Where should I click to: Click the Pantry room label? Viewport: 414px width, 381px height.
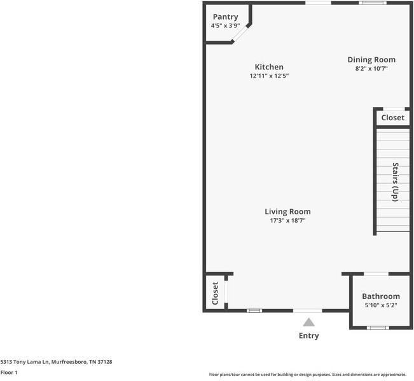pos(226,17)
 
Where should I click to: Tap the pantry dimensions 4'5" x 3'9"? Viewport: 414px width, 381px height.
pos(226,25)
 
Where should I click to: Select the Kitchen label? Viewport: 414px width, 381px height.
pos(269,67)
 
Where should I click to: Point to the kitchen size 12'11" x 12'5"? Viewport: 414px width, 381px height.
pos(269,76)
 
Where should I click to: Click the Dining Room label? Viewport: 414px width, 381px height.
pos(371,60)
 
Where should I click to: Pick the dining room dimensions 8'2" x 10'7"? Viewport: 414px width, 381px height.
pos(371,69)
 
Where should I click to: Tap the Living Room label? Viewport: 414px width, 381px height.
pos(287,212)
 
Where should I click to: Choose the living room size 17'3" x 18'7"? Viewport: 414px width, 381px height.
pos(287,220)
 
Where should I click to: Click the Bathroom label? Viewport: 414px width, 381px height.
pos(381,296)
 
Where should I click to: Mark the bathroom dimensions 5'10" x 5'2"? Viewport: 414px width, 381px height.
pos(381,305)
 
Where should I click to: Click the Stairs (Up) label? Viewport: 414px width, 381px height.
pos(396,182)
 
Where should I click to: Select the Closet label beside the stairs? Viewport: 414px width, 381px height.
pos(392,118)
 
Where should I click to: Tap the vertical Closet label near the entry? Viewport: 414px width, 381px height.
pos(215,293)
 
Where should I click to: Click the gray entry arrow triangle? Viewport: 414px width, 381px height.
pos(308,322)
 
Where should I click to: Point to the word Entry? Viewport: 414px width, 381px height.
pos(308,336)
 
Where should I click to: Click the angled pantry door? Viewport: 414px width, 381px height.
pos(240,34)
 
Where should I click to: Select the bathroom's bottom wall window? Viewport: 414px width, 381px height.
pos(378,328)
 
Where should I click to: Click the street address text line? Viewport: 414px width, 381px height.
pos(56,362)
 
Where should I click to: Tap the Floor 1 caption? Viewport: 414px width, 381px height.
pos(9,373)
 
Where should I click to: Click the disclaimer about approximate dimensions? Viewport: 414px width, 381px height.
pos(308,375)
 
